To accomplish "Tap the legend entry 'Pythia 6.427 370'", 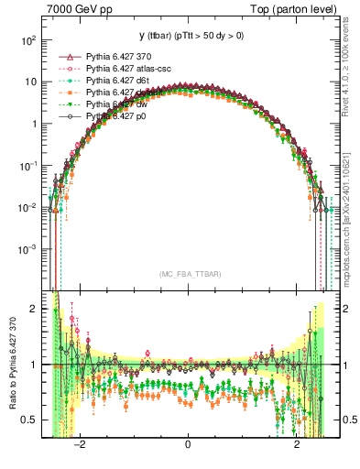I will click(121, 57).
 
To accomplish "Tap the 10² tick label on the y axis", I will click(28, 41).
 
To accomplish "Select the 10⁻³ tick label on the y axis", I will click(28, 249).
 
